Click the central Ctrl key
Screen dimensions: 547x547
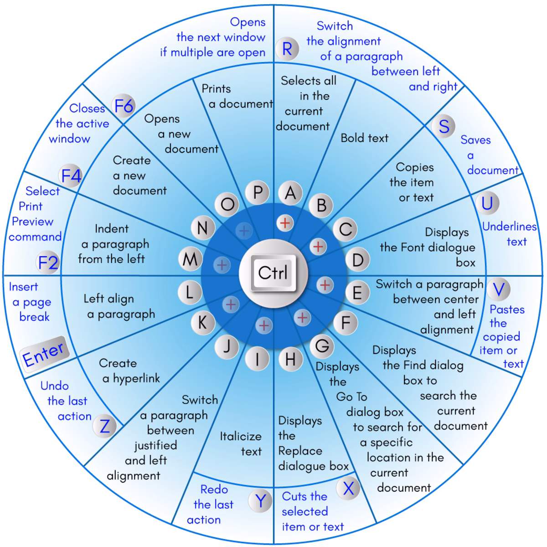tap(273, 273)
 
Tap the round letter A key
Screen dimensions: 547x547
tap(290, 193)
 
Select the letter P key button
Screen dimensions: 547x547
tap(257, 192)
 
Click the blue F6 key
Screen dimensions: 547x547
tap(124, 106)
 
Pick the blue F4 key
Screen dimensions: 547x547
tap(71, 175)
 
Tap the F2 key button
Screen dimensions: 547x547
tap(48, 262)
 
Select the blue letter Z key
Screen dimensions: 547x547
tap(105, 426)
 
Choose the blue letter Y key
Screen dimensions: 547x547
tap(260, 501)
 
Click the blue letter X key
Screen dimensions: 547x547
tap(348, 488)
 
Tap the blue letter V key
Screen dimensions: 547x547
tap(499, 289)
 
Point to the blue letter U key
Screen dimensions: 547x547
tap(487, 203)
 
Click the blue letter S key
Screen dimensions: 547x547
tap(444, 126)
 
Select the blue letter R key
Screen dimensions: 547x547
tap(287, 49)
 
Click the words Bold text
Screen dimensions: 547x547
tap(365, 138)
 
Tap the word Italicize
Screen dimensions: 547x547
tap(241, 436)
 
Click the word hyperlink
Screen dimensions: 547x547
tap(137, 378)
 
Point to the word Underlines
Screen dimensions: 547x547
tap(510, 227)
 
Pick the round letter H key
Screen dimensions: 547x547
tap(290, 359)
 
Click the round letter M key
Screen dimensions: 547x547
tap(190, 259)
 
